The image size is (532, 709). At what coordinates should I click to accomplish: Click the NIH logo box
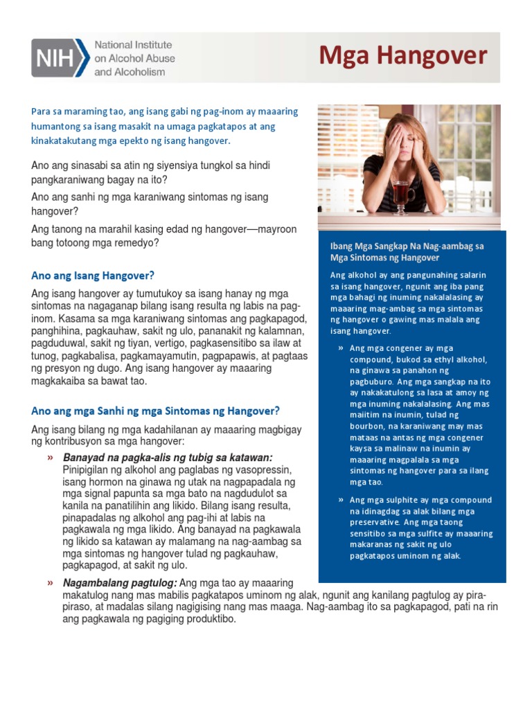(x=60, y=57)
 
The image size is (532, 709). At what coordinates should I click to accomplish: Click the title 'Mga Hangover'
(x=402, y=56)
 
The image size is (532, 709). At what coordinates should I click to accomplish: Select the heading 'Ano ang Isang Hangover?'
(x=93, y=275)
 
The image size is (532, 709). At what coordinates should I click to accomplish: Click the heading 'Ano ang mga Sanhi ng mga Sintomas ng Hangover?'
(x=155, y=410)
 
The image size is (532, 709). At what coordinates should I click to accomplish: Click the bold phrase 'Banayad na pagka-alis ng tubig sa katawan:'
(x=167, y=458)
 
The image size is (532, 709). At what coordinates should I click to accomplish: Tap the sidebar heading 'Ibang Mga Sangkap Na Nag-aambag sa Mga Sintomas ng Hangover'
(x=407, y=251)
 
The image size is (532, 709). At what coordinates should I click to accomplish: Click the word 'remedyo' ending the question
(x=137, y=243)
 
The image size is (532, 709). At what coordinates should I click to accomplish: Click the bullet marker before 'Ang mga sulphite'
(x=340, y=500)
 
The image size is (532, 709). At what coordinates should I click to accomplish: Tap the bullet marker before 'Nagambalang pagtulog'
(x=50, y=583)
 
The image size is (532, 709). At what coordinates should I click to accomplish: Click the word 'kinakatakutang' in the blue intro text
(x=64, y=141)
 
